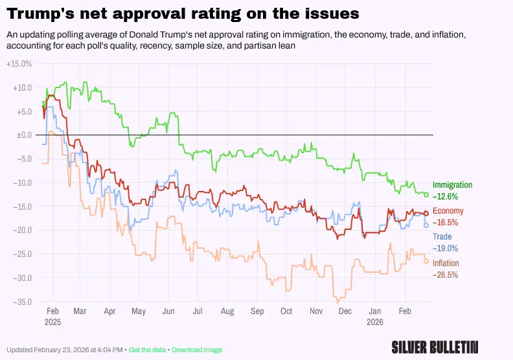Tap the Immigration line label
[452, 185]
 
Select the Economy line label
[448, 211]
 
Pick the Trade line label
[442, 237]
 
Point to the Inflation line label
[446, 264]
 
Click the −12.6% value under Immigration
[446, 196]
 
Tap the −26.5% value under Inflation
[446, 275]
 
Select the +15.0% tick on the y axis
[19, 64]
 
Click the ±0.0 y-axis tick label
[23, 135]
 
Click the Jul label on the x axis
[198, 311]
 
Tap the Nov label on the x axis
[315, 311]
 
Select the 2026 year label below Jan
[376, 322]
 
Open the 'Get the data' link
[148, 350]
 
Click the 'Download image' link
[197, 350]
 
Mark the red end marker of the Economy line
[426, 214]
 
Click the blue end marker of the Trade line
[426, 225]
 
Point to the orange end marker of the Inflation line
[426, 261]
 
